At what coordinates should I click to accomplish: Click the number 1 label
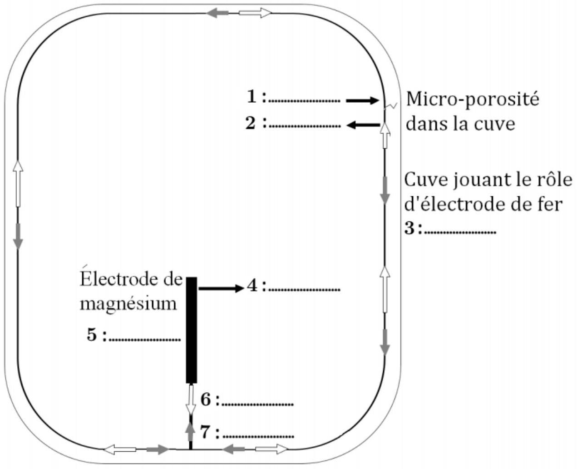252,97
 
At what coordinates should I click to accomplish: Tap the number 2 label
251,123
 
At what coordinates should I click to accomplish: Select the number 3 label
409,228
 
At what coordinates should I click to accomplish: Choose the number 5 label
92,334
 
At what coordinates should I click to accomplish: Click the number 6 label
206,399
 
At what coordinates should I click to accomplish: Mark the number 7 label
205,432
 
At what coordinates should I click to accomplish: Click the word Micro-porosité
473,100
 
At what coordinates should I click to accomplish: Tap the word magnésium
128,305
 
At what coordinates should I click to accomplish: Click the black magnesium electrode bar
191,330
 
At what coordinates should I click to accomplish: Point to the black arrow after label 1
362,101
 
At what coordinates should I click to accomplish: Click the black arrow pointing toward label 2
363,125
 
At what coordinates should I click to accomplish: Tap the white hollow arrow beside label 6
191,400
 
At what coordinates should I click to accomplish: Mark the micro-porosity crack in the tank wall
390,106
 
